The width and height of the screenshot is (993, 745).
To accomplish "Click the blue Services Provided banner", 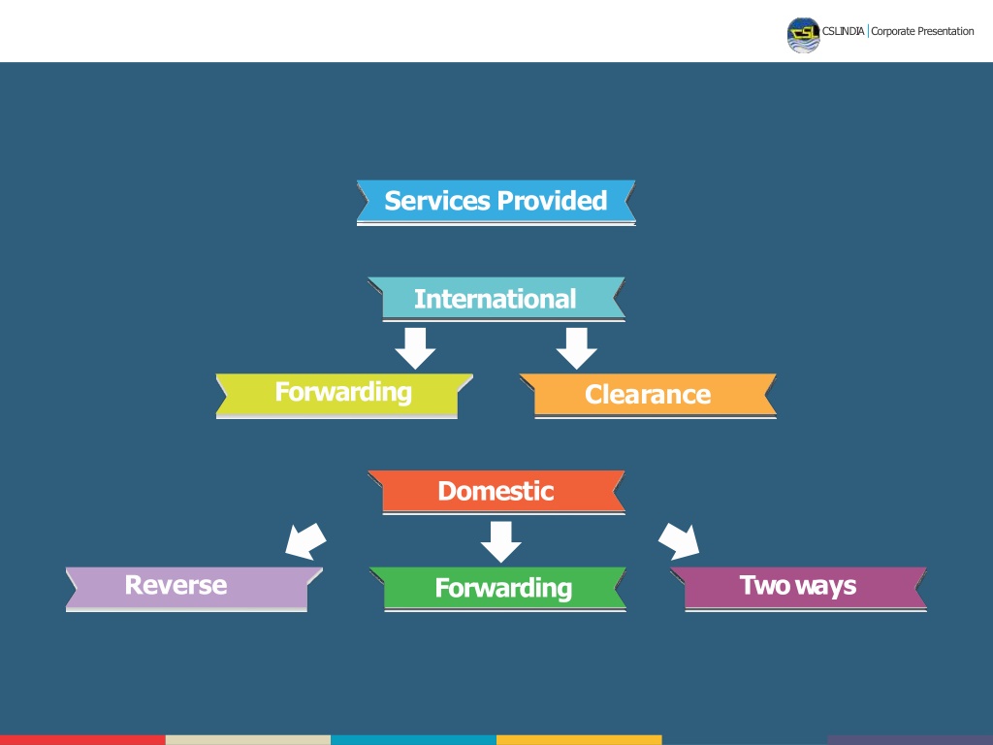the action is [496, 202].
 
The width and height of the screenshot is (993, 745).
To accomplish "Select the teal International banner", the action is [496, 299].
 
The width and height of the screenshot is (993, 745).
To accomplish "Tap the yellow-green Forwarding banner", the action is [344, 396].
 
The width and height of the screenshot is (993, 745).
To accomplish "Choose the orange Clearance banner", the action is [648, 396].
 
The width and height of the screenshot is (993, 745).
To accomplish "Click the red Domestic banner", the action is [496, 492].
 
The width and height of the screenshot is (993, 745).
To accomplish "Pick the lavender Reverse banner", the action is [194, 589].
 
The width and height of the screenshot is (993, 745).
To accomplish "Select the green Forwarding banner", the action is [497, 589].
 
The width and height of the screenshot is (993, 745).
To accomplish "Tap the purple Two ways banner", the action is [799, 589].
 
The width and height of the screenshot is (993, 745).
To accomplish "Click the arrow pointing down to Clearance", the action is [576, 348].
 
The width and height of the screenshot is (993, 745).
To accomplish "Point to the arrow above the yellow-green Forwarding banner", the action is [415, 348].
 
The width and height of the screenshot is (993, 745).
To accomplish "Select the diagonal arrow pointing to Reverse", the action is [305, 541].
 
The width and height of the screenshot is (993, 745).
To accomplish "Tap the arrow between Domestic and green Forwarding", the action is [501, 541].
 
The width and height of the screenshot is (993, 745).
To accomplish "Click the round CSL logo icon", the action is [804, 35].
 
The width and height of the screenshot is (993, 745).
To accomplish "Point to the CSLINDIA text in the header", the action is [843, 31].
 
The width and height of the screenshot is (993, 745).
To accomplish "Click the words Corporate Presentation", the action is [922, 32].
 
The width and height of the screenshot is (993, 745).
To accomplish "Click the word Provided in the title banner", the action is [552, 201].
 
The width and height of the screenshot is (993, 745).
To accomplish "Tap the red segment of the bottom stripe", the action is [82, 740].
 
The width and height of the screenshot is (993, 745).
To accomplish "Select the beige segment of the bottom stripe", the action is [248, 740].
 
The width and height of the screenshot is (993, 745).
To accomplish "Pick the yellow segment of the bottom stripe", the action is [579, 740].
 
